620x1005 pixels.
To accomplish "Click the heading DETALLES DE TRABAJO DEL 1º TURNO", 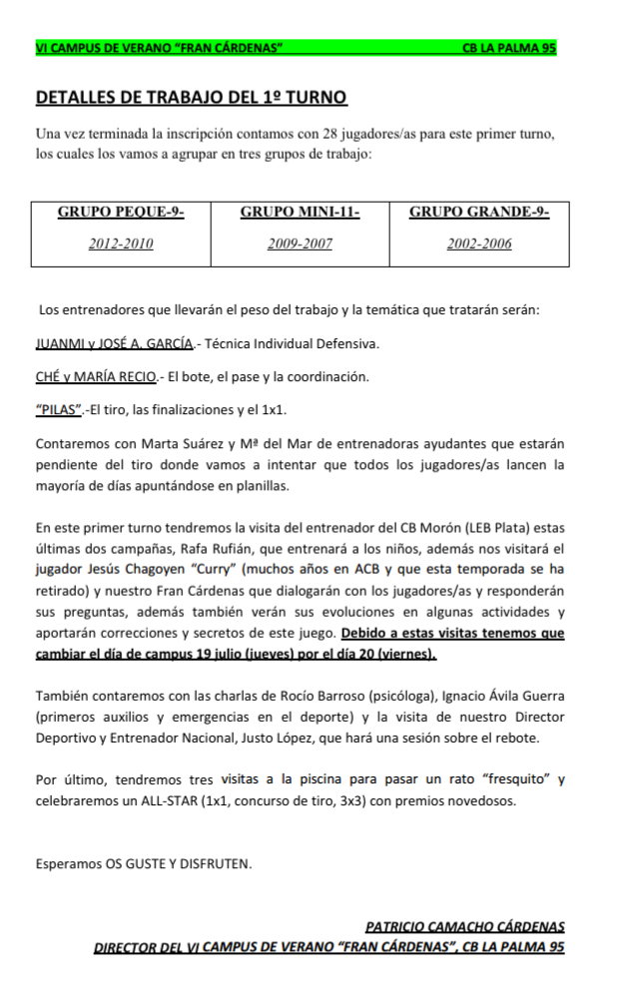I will [192, 98].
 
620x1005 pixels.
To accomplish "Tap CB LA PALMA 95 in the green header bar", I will [509, 47].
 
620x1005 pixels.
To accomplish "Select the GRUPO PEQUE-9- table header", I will [121, 212].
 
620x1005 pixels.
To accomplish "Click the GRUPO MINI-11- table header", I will [300, 212].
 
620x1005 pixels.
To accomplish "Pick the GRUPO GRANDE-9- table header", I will [479, 212].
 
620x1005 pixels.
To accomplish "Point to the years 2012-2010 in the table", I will [121, 244].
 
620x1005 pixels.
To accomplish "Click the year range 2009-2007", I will [300, 244].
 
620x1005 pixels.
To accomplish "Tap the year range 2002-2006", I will [479, 244].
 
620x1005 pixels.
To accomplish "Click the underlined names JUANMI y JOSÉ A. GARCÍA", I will [114, 344].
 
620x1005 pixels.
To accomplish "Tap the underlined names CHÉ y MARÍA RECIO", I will [96, 376].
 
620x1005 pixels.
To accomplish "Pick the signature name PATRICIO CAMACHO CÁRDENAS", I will [465, 926].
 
